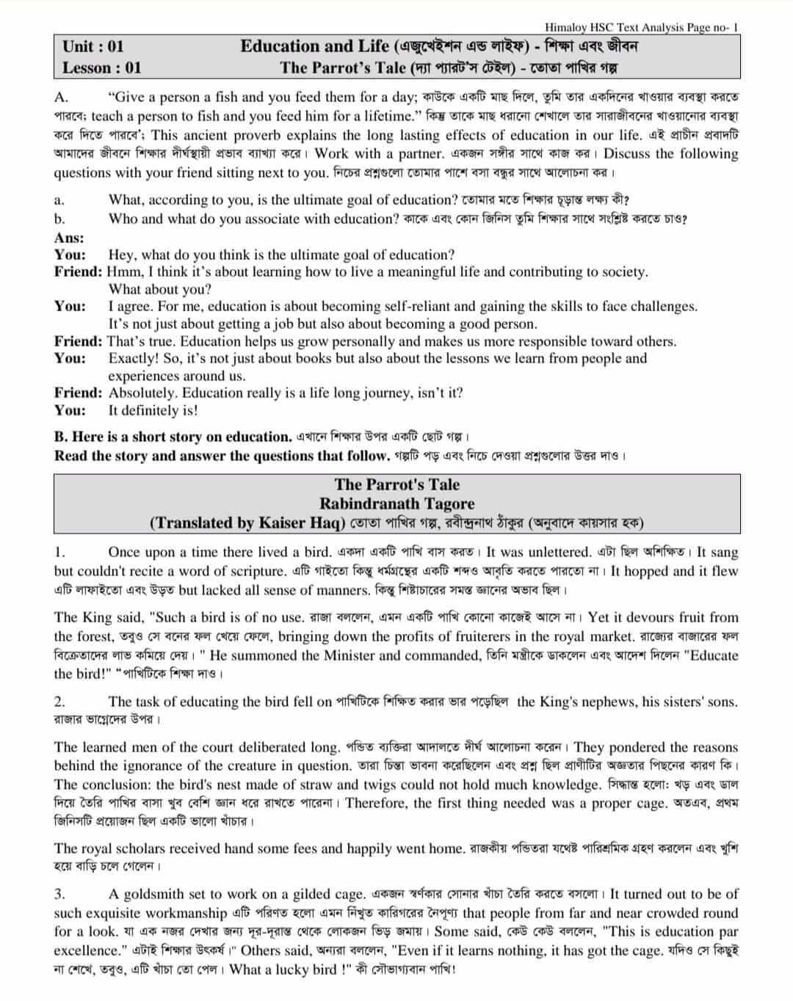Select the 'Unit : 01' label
click(x=93, y=47)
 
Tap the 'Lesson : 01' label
click(x=101, y=68)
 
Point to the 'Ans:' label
click(x=69, y=238)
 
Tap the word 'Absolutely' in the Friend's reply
click(x=142, y=393)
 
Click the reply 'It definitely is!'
click(x=153, y=411)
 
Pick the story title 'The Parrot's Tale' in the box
click(x=396, y=484)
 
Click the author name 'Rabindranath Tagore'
click(x=396, y=504)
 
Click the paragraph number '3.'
click(x=59, y=894)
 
